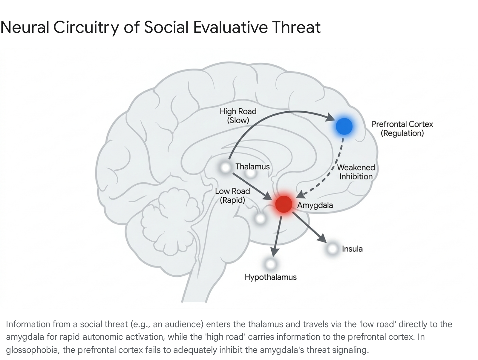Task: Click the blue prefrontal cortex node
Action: pos(344,126)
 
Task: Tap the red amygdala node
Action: pos(284,204)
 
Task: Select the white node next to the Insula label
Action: pos(333,248)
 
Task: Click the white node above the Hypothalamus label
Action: pos(271,264)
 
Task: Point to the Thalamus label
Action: pos(253,167)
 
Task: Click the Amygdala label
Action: pos(315,205)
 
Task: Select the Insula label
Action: pos(352,249)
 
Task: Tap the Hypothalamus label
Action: pos(271,277)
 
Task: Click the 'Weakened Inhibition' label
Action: pos(356,172)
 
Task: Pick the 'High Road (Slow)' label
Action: pos(238,116)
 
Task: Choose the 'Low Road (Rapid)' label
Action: pos(232,196)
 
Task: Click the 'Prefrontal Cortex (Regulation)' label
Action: pos(402,129)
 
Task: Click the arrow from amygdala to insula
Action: pos(309,227)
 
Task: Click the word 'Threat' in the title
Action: pos(296,27)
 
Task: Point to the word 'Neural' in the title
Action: pos(24,27)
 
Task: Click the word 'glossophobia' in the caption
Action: pos(33,350)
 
